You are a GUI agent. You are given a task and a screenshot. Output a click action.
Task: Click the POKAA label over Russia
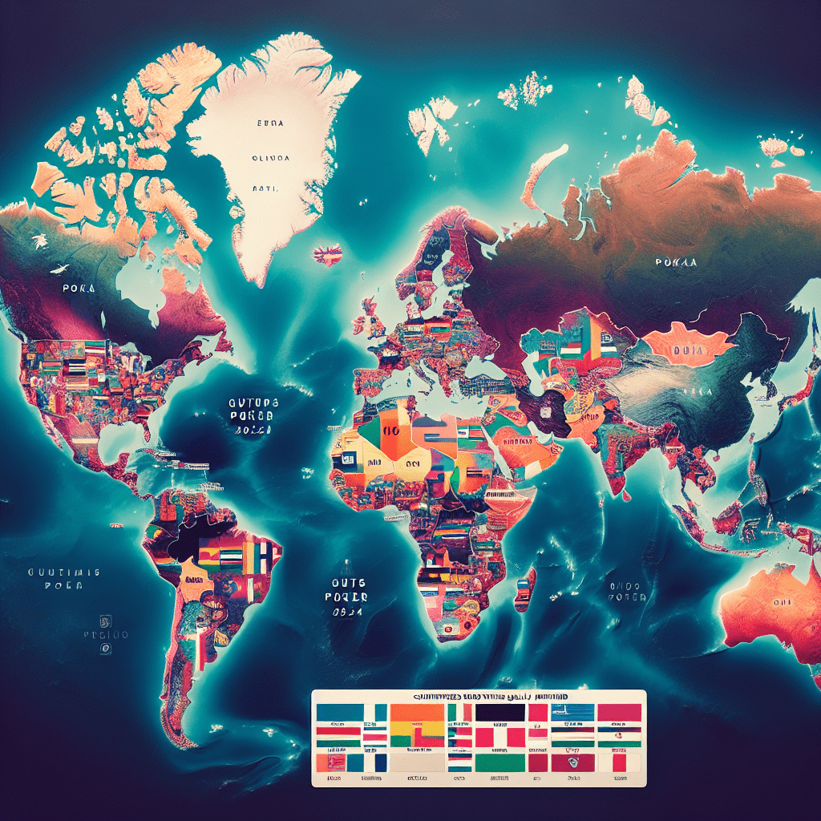676,262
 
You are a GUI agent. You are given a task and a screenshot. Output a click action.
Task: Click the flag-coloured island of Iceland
329,256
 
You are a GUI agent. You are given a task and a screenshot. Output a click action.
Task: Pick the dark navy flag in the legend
499,713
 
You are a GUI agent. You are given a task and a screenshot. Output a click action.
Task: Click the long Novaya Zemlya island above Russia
545,172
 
